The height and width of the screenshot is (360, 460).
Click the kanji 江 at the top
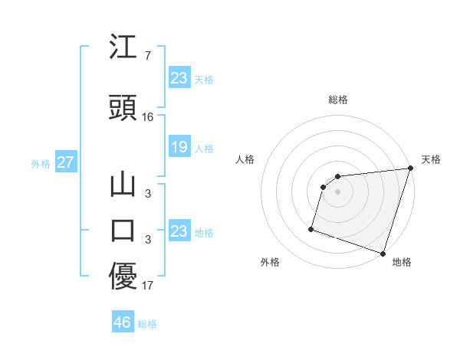click(x=123, y=49)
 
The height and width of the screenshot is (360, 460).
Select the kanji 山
click(x=123, y=187)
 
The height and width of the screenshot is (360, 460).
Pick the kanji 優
click(x=123, y=277)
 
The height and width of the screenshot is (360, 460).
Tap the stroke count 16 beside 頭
click(x=148, y=117)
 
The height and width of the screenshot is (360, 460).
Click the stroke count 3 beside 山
click(x=147, y=194)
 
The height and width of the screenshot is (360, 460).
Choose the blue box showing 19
click(x=179, y=147)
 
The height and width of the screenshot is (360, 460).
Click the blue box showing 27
click(x=65, y=162)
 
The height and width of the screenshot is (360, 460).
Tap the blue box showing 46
click(x=123, y=322)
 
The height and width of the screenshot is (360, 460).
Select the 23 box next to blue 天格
click(x=179, y=78)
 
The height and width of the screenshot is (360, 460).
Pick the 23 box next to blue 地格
click(x=179, y=231)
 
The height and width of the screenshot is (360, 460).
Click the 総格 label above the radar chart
click(x=338, y=100)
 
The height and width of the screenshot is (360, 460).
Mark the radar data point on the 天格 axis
click(x=410, y=169)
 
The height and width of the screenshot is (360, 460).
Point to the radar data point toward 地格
click(x=383, y=253)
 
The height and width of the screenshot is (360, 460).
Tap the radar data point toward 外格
click(x=311, y=228)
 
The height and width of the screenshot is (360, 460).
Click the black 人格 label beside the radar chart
click(x=245, y=159)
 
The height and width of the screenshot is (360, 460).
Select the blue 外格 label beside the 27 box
click(x=41, y=163)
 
